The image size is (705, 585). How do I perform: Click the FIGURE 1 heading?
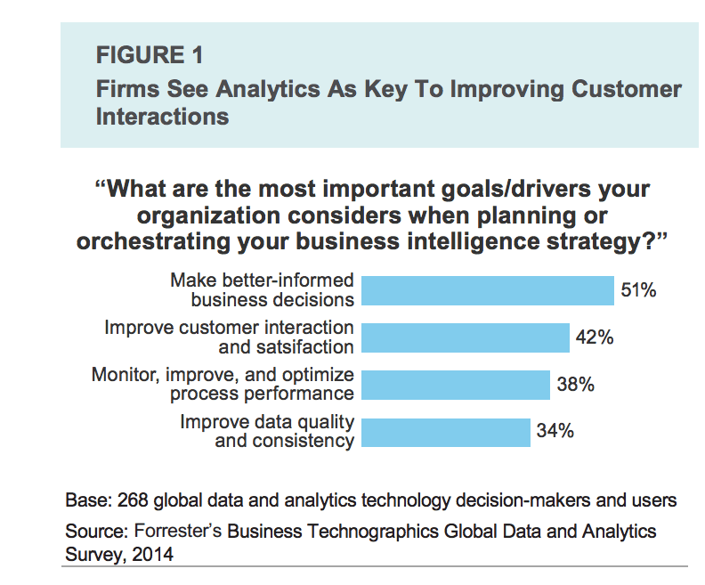[150, 55]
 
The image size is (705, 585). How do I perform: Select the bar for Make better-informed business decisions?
[489, 290]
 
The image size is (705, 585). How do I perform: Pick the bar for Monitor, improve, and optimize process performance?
[457, 385]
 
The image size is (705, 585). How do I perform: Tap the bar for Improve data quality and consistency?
[447, 432]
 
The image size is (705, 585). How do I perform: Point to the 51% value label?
[638, 290]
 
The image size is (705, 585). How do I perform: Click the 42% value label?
[594, 337]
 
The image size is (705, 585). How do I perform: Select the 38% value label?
[575, 385]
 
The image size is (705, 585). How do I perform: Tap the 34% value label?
[555, 432]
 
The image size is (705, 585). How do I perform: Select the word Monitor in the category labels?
[126, 375]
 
